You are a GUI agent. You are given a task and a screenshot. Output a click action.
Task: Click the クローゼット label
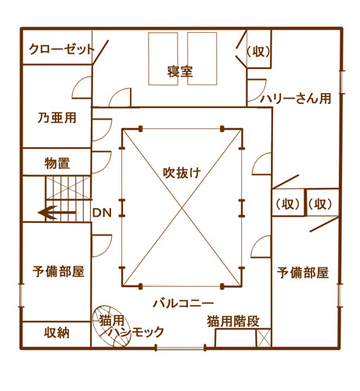click(62, 49)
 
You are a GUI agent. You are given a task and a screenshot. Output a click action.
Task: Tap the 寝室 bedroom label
click(180, 72)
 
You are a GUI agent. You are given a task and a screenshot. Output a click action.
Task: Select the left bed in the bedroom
click(163, 59)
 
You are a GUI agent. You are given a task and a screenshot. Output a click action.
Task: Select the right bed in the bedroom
click(202, 59)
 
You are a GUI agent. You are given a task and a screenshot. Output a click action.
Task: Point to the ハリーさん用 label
click(296, 99)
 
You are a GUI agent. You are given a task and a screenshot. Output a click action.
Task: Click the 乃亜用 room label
click(57, 118)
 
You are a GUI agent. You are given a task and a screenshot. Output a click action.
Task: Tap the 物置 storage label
click(57, 163)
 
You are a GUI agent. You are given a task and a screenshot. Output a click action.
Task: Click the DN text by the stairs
click(102, 213)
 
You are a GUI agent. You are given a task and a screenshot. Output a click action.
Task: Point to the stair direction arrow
click(57, 213)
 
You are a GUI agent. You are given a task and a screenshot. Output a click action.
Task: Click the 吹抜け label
click(182, 173)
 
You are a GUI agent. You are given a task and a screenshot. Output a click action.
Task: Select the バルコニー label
click(183, 303)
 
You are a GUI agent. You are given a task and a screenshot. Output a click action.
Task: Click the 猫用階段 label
click(233, 321)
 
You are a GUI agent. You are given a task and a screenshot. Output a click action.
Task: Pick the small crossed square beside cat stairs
click(264, 338)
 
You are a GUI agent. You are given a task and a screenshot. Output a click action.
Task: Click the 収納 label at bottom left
click(56, 333)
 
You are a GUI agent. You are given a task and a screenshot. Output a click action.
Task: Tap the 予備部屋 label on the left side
click(59, 271)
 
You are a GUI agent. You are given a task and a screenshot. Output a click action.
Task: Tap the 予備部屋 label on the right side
click(303, 273)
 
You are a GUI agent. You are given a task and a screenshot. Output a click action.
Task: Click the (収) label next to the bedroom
click(258, 52)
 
